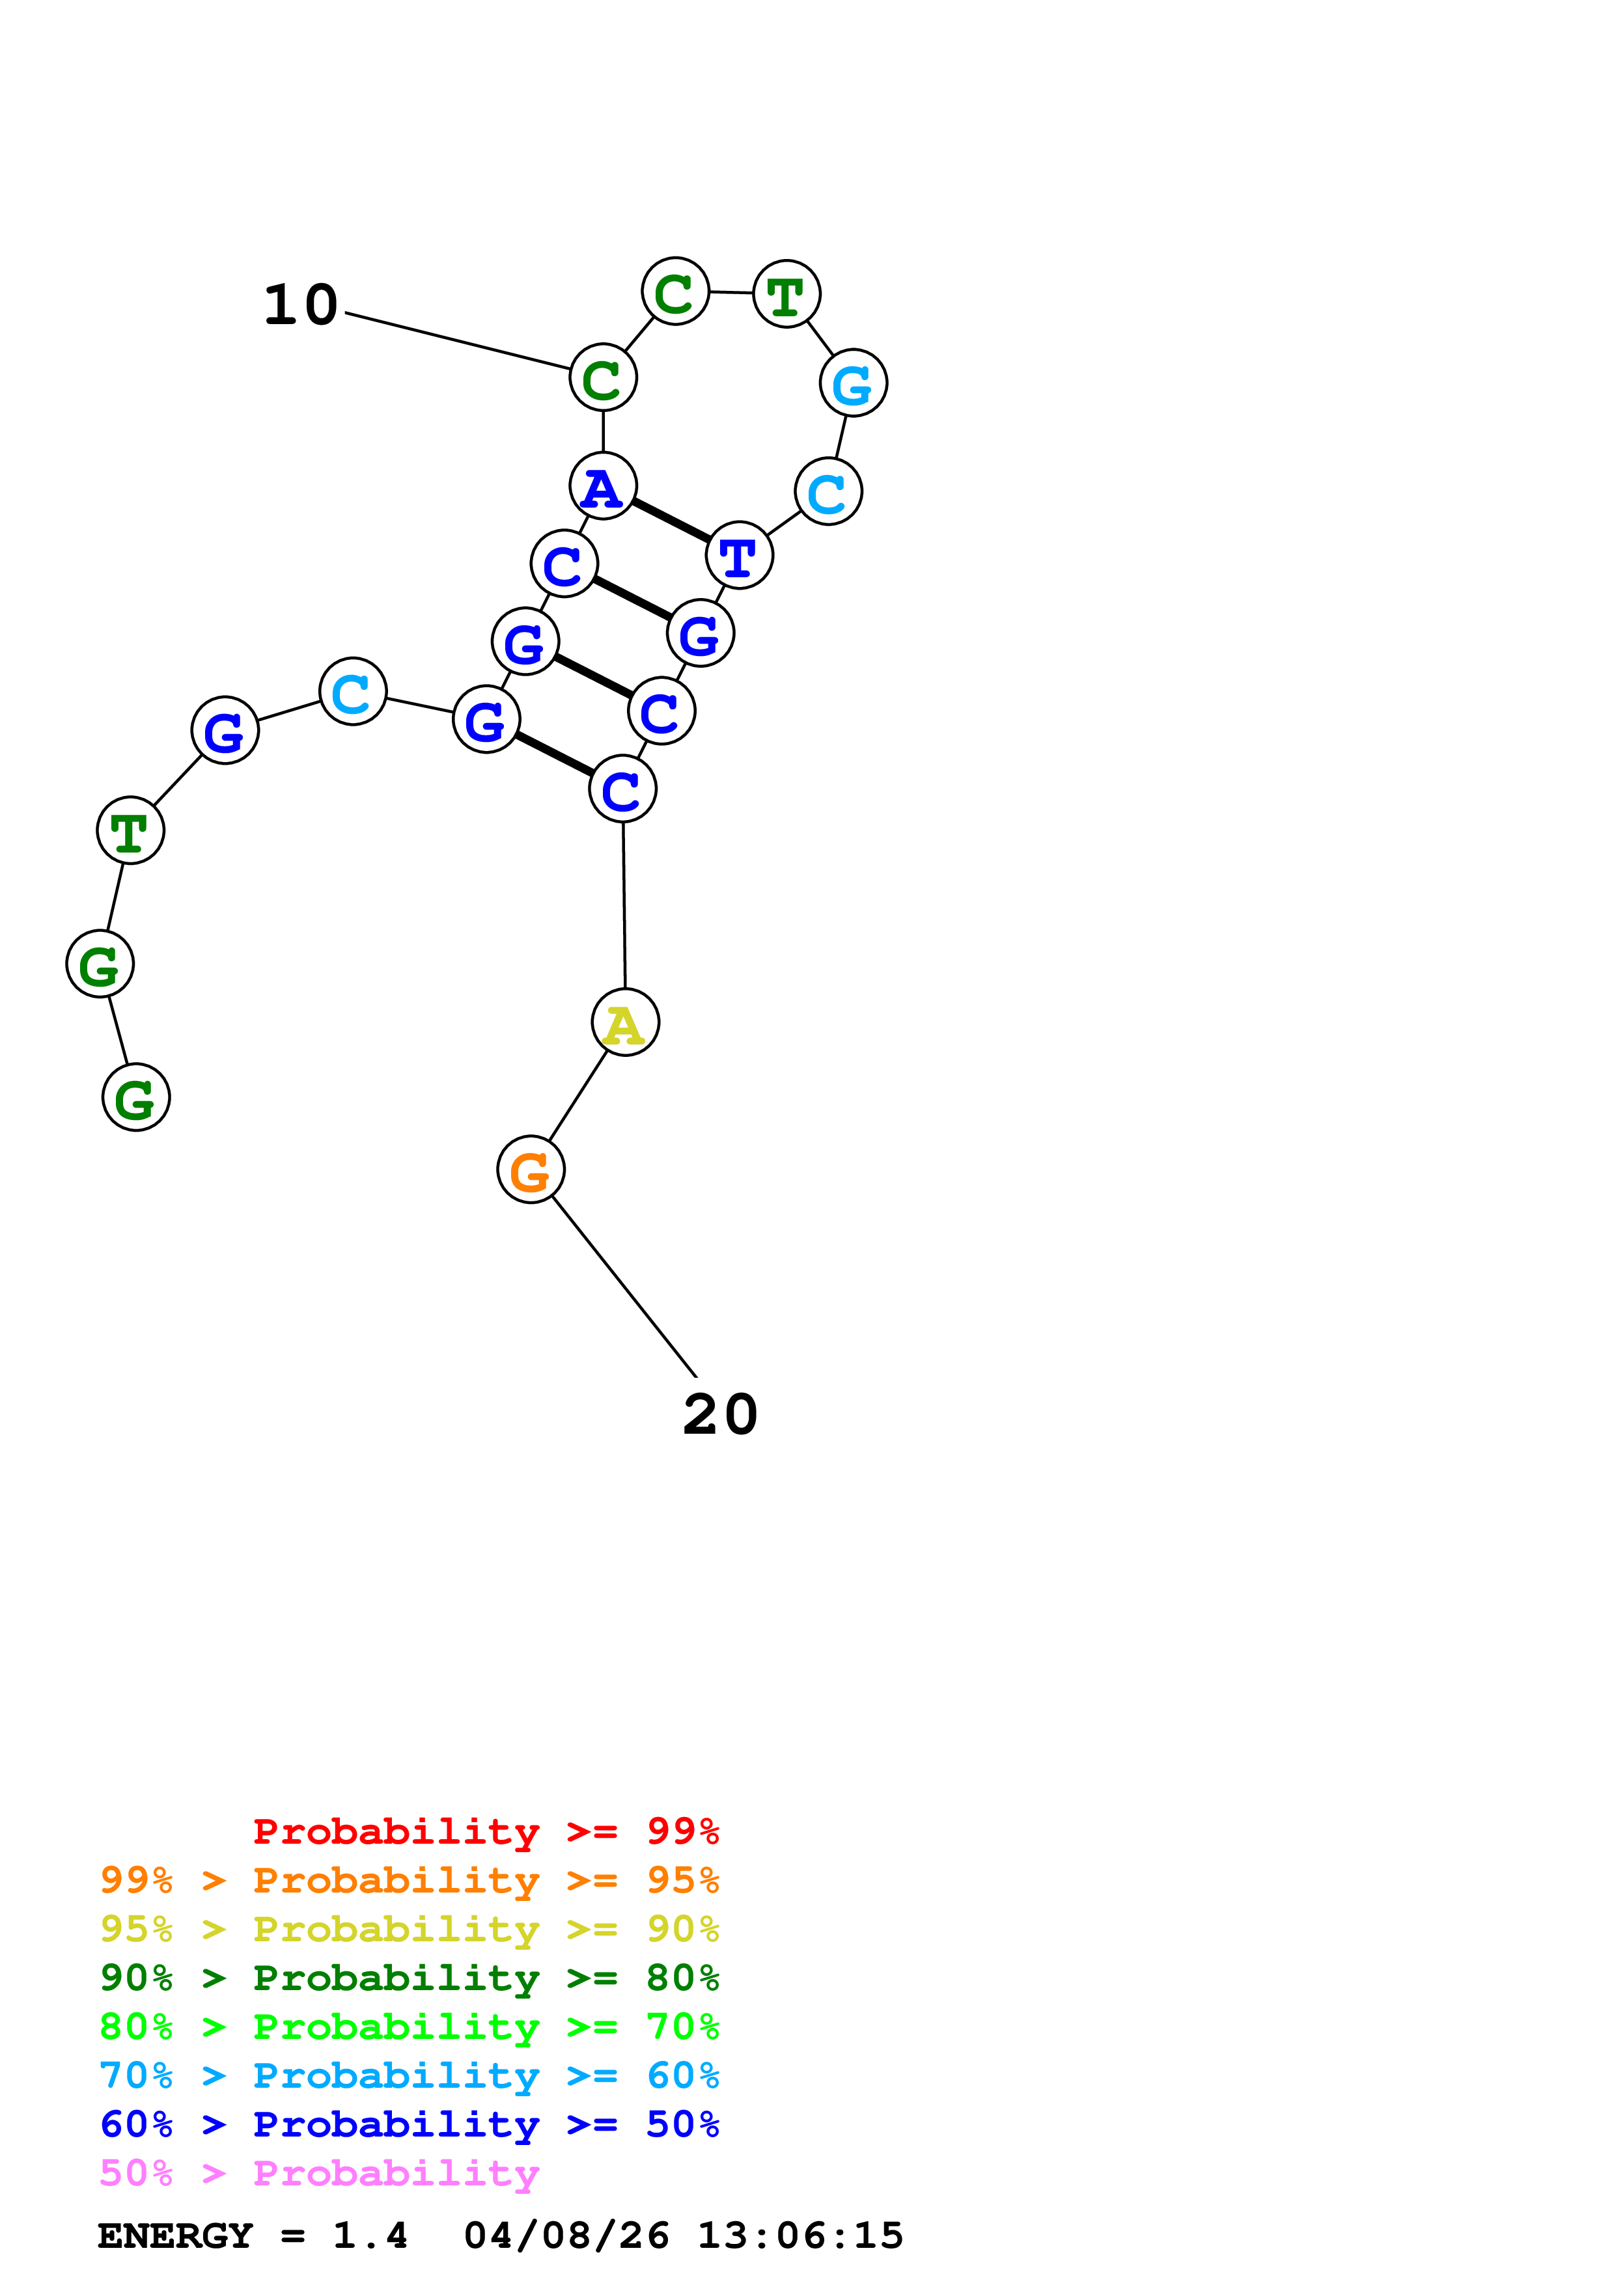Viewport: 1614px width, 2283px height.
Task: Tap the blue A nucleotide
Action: [603, 486]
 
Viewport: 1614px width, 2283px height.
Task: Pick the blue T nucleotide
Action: [739, 555]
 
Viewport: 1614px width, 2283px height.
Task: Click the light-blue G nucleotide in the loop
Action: [854, 383]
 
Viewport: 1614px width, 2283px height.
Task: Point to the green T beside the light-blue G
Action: [786, 294]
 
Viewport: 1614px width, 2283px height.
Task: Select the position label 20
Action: [720, 1414]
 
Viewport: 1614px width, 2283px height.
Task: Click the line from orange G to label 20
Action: [624, 1287]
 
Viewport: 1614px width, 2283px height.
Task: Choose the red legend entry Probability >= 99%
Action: [486, 1831]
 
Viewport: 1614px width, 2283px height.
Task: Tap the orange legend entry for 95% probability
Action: [410, 1880]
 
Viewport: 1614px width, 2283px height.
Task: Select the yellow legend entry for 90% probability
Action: [410, 1929]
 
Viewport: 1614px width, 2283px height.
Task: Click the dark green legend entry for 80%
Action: [410, 1978]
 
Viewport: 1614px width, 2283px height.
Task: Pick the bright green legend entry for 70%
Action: [410, 2027]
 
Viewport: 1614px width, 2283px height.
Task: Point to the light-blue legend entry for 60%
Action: [410, 2075]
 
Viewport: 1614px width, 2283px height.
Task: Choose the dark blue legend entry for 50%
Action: [410, 2124]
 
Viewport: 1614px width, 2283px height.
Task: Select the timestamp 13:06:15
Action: [801, 2235]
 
